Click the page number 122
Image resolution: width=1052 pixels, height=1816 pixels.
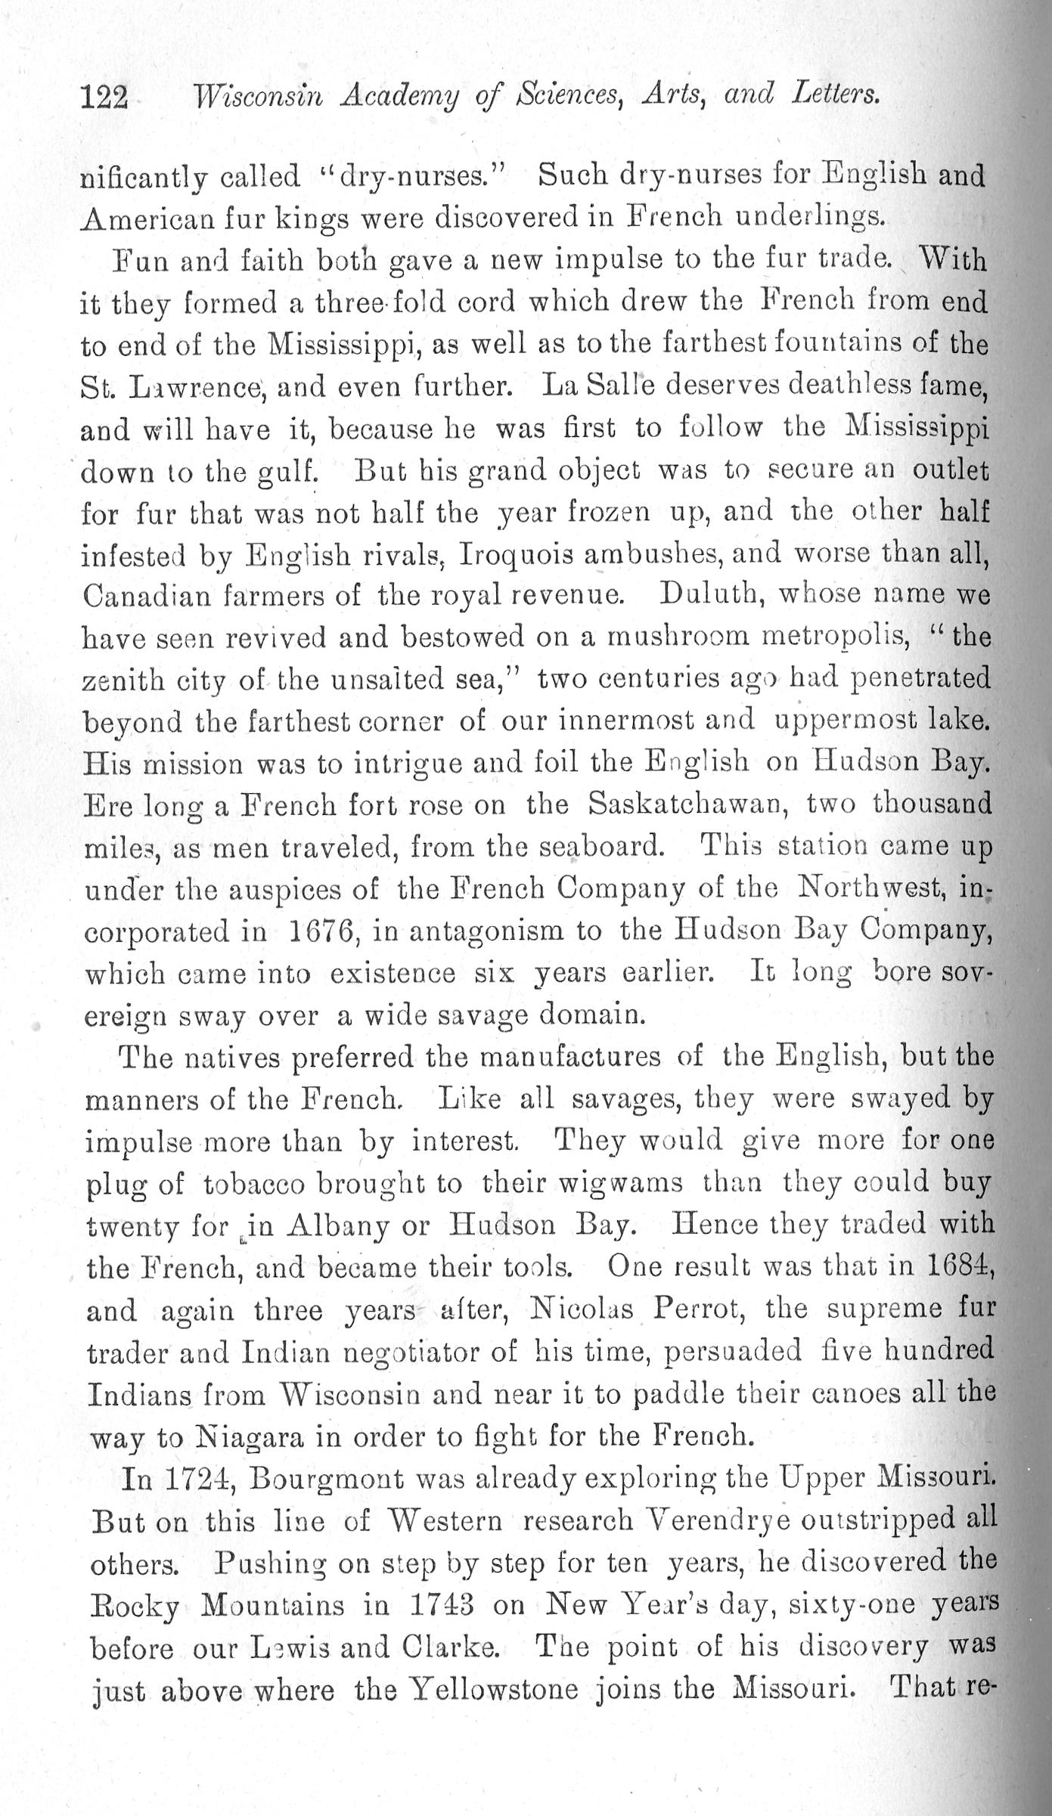[104, 97]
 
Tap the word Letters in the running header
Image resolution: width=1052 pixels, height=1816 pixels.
[835, 94]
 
